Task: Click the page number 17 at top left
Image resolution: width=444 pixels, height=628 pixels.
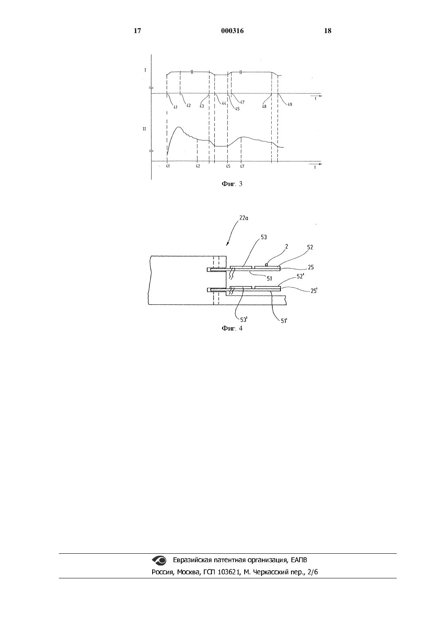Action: [137, 31]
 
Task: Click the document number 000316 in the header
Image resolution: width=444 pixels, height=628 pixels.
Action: [232, 31]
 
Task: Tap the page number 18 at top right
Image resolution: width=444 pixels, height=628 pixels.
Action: [328, 31]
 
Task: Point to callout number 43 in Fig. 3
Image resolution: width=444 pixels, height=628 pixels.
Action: [202, 106]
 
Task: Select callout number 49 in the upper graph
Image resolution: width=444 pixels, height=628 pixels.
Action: [290, 104]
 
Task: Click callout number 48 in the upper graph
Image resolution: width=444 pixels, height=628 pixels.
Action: [264, 107]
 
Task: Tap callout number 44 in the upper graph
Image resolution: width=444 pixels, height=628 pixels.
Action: [224, 103]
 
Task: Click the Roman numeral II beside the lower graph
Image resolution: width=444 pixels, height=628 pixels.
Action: [145, 129]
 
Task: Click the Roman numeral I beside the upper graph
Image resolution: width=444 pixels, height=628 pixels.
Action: [145, 70]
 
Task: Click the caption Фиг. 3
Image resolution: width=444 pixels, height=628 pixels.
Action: [232, 184]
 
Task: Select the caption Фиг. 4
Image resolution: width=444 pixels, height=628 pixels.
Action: [232, 328]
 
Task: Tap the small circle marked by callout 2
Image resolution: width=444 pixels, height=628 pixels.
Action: [266, 265]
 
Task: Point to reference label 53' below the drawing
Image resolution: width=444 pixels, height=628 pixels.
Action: [243, 319]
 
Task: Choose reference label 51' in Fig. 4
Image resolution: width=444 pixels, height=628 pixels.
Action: [284, 321]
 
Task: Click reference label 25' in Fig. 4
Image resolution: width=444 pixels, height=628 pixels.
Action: [314, 291]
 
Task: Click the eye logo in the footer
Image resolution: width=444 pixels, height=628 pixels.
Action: [159, 560]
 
